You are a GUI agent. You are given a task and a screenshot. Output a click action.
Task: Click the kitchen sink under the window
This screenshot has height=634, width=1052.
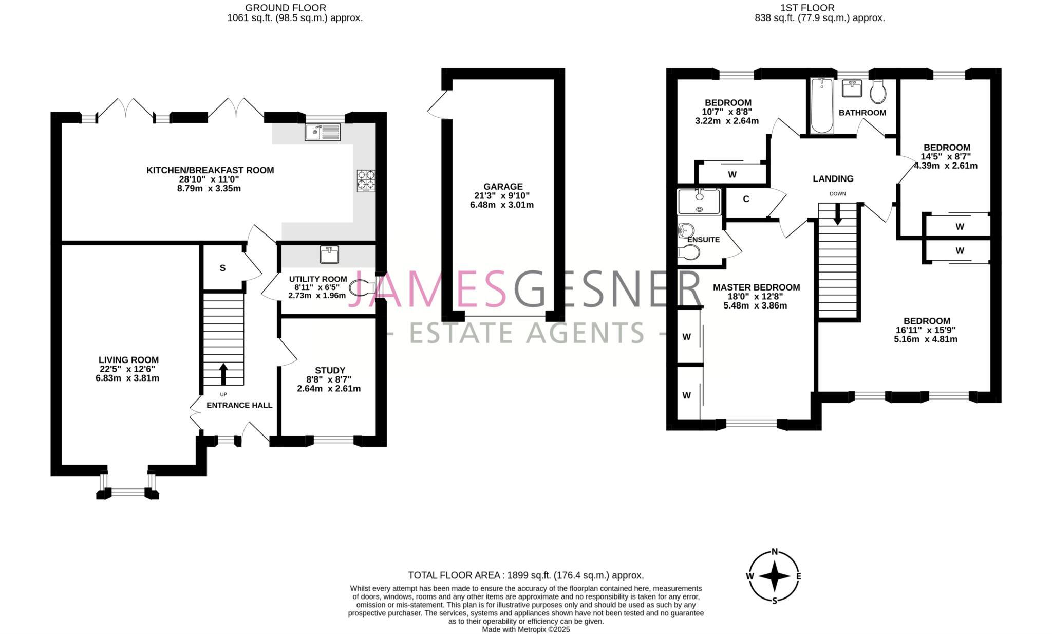tap(323, 132)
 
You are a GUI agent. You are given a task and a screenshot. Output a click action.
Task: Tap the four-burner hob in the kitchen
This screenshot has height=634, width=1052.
tap(366, 181)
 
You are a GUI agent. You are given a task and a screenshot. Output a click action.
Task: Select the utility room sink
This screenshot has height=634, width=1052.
tap(329, 254)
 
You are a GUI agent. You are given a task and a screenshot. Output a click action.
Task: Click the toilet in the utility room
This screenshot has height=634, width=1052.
tap(361, 288)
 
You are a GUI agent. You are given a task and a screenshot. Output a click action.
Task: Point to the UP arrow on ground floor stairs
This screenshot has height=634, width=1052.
tap(223, 374)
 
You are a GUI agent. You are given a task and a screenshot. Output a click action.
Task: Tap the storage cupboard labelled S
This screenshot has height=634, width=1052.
tap(222, 268)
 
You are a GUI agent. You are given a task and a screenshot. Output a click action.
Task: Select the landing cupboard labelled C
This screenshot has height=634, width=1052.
tap(746, 199)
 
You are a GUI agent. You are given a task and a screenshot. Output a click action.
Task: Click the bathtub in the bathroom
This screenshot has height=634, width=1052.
tap(822, 105)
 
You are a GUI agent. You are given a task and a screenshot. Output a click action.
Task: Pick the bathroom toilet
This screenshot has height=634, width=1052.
tap(878, 93)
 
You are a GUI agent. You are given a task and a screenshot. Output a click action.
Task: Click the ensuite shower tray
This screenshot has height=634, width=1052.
tap(699, 201)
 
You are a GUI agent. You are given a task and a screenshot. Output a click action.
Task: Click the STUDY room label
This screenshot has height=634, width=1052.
tap(330, 370)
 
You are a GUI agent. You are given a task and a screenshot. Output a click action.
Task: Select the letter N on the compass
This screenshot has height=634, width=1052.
tap(775, 553)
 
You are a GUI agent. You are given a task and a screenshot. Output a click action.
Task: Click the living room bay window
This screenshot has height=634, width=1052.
tap(127, 492)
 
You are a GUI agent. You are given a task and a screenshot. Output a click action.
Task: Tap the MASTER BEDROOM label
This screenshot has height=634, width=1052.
tap(756, 287)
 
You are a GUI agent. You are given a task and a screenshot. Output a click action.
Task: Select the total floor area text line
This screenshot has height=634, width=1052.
tap(525, 575)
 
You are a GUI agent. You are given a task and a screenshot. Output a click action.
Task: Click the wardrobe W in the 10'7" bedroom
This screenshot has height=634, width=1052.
tap(732, 174)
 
